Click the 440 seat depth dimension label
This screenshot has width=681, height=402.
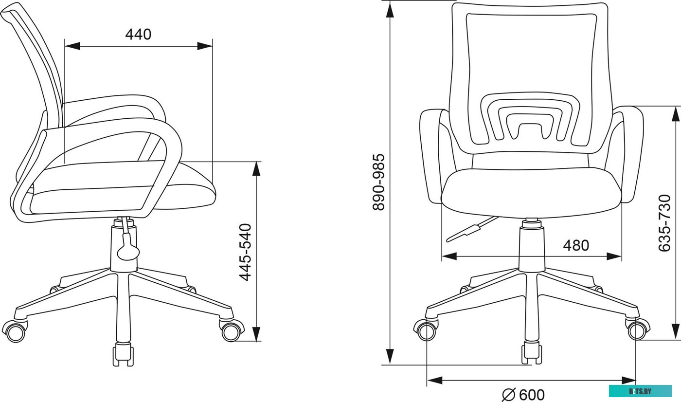point(138,35)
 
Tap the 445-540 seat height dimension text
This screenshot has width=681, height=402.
point(245,253)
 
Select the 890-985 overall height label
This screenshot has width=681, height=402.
point(379,182)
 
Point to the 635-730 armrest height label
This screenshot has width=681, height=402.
point(664,223)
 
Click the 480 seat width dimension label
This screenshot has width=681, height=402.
point(576,245)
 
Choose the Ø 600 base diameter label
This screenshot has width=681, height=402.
point(523,395)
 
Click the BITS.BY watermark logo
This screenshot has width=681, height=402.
point(640,391)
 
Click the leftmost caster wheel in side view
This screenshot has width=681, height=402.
point(15,331)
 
